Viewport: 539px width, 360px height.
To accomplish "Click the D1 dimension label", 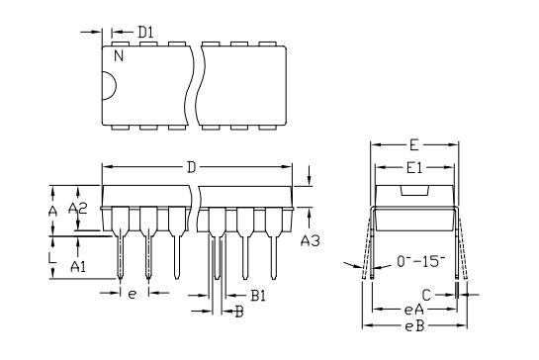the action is (145, 32).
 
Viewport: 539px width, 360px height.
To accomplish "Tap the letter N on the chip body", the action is (119, 55).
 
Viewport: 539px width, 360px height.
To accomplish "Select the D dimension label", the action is (192, 167).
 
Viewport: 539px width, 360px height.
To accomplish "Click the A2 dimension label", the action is (78, 208).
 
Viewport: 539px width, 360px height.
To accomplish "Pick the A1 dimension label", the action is (78, 266).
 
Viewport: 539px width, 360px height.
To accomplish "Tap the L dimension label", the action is (52, 257).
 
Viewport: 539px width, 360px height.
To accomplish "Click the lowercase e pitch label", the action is (132, 294).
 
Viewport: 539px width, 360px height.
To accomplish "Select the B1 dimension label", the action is (258, 296).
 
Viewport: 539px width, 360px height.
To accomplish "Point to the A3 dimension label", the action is (311, 240).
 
